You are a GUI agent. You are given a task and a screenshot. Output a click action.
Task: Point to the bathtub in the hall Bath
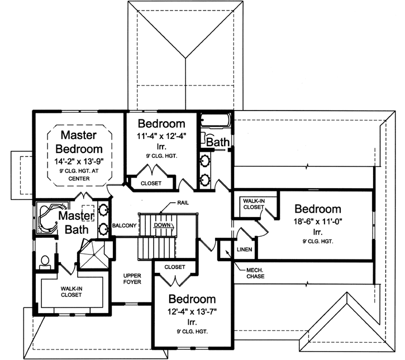coord(215,122)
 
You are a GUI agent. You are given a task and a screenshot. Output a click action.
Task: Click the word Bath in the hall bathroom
coord(218,143)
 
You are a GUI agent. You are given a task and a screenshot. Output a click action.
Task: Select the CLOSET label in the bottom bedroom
coord(175,267)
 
